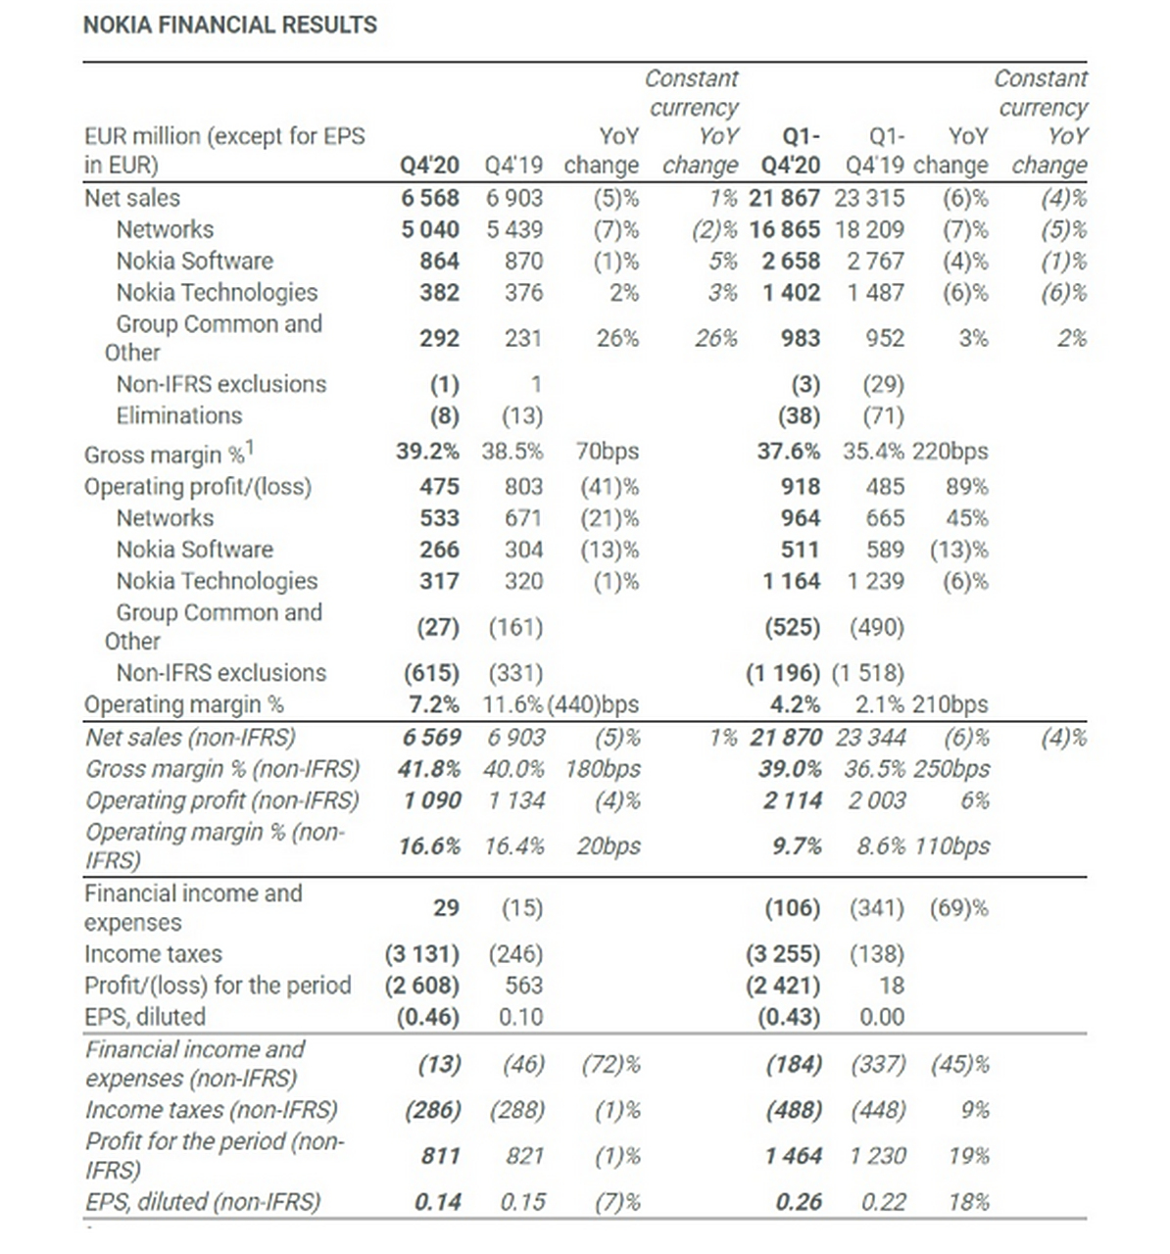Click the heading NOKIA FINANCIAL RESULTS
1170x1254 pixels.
pos(230,25)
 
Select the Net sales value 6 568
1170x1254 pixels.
pos(430,198)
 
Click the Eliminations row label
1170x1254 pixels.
pos(178,415)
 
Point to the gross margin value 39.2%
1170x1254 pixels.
pos(426,452)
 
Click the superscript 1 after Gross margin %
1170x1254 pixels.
pos(250,447)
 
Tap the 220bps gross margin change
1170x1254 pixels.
pos(950,452)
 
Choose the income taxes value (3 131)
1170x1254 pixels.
pos(422,954)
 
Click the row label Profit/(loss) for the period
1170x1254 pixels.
pos(218,986)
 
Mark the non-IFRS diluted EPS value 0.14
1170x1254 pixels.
pos(437,1202)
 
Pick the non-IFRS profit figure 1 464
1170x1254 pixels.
pos(793,1156)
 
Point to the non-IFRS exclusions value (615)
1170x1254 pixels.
pos(431,673)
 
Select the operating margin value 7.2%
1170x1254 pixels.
pos(433,704)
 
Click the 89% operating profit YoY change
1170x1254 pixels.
pos(967,487)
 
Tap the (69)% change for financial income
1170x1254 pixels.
pos(959,908)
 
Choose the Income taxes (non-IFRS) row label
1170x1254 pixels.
pos(211,1110)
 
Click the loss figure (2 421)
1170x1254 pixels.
pos(783,986)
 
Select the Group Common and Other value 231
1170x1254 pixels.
pos(523,338)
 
